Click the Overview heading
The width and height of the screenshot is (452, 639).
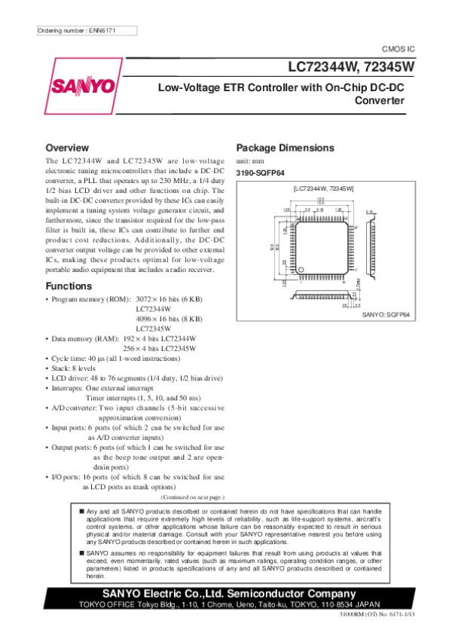coord(67,148)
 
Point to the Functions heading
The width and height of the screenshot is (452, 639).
coord(69,286)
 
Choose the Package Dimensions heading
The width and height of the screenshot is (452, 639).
coord(285,148)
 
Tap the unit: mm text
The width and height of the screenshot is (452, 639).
coord(251,161)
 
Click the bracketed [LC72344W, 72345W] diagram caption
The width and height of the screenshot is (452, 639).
coord(323,187)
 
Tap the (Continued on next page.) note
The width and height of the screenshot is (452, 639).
coord(193,497)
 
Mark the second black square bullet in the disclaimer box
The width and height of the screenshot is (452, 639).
coord(81,552)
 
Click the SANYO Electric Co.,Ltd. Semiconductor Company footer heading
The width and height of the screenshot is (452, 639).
coord(226,595)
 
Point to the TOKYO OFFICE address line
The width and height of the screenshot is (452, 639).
coord(226,606)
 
